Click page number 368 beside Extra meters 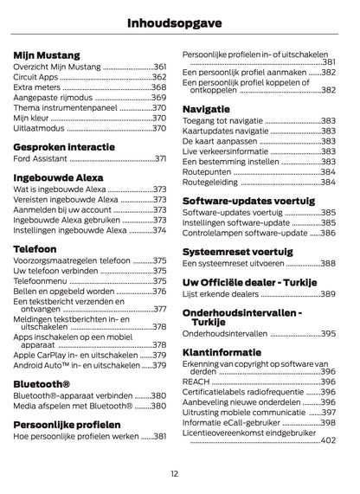[x=158, y=87]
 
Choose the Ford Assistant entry [x=39, y=159]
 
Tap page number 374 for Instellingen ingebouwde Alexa [x=158, y=230]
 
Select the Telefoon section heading [x=35, y=247]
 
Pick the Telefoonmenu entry [x=40, y=281]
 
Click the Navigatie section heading [x=206, y=108]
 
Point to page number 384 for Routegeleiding [x=328, y=183]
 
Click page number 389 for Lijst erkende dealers [x=328, y=294]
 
